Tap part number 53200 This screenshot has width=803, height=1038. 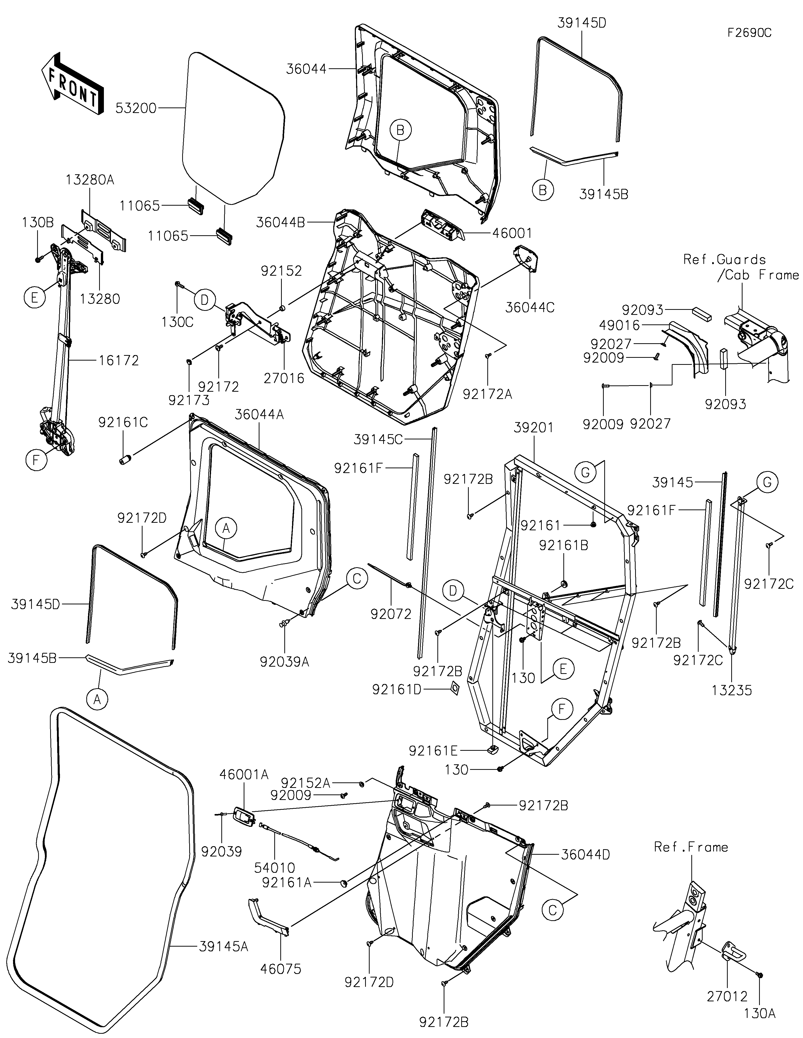(136, 108)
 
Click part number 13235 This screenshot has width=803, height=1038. (732, 690)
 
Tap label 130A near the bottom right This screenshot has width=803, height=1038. (760, 1013)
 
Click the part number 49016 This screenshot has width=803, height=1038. (620, 326)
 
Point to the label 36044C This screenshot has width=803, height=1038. (529, 308)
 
